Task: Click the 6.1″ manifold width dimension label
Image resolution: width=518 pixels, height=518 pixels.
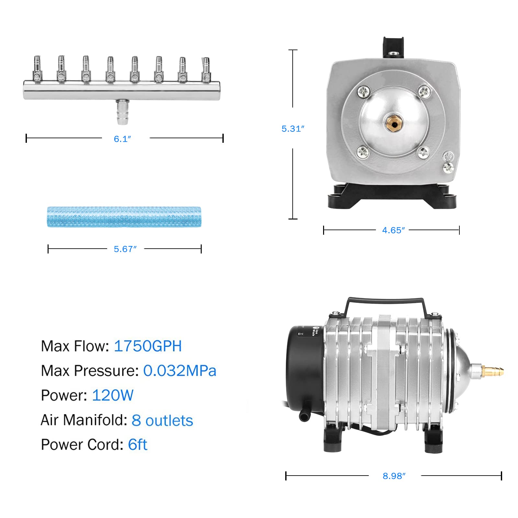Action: [x=122, y=139]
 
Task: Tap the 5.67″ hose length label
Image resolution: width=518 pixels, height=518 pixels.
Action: [x=125, y=249]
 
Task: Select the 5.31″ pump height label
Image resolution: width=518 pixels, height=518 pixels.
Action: [x=293, y=129]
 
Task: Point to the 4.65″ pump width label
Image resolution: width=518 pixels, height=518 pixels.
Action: [x=393, y=230]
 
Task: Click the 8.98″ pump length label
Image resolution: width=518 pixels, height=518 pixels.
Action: [x=394, y=476]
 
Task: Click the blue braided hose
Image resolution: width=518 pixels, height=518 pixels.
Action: [x=124, y=217]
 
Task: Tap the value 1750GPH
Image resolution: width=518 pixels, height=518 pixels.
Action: [x=148, y=346]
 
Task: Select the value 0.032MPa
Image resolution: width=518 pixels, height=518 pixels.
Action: [x=179, y=371]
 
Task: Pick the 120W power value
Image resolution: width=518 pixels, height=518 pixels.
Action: [x=113, y=395]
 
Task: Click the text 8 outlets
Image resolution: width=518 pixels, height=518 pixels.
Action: [x=162, y=420]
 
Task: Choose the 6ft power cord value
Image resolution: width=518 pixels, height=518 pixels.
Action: [x=138, y=445]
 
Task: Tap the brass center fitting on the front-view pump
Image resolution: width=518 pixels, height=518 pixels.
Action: [x=393, y=123]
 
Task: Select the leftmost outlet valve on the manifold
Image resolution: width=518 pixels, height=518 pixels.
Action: [x=37, y=70]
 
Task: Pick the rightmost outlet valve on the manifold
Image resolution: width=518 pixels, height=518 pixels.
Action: [x=206, y=70]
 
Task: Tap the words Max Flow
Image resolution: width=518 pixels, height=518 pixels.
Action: [x=75, y=346]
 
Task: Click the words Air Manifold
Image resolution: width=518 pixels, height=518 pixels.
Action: [x=84, y=420]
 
